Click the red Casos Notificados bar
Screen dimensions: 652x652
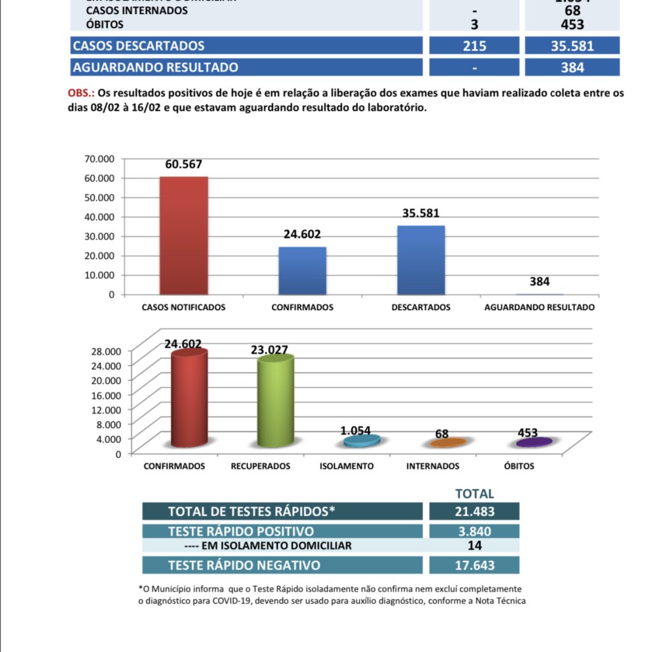(183, 235)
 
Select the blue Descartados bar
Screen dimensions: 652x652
(421, 260)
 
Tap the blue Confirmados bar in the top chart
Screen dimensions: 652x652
(302, 271)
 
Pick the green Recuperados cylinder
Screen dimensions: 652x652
(275, 401)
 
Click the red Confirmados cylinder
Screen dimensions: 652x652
(188, 397)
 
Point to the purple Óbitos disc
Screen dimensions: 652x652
(534, 442)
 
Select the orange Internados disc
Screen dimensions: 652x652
(448, 443)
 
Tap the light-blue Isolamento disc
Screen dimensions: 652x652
(362, 440)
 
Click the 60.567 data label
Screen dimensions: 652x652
(183, 164)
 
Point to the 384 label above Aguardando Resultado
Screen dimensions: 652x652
(539, 281)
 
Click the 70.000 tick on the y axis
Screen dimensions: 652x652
(98, 158)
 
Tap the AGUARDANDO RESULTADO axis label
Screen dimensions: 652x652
(539, 307)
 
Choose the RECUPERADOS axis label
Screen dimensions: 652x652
(260, 466)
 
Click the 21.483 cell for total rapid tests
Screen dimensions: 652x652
(474, 511)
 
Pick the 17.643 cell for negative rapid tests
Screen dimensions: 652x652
(474, 565)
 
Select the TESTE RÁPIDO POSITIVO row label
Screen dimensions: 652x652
(241, 532)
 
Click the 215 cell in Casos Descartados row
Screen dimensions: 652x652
(474, 46)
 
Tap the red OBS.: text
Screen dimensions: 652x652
(81, 94)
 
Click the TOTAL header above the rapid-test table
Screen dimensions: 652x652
(474, 493)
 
